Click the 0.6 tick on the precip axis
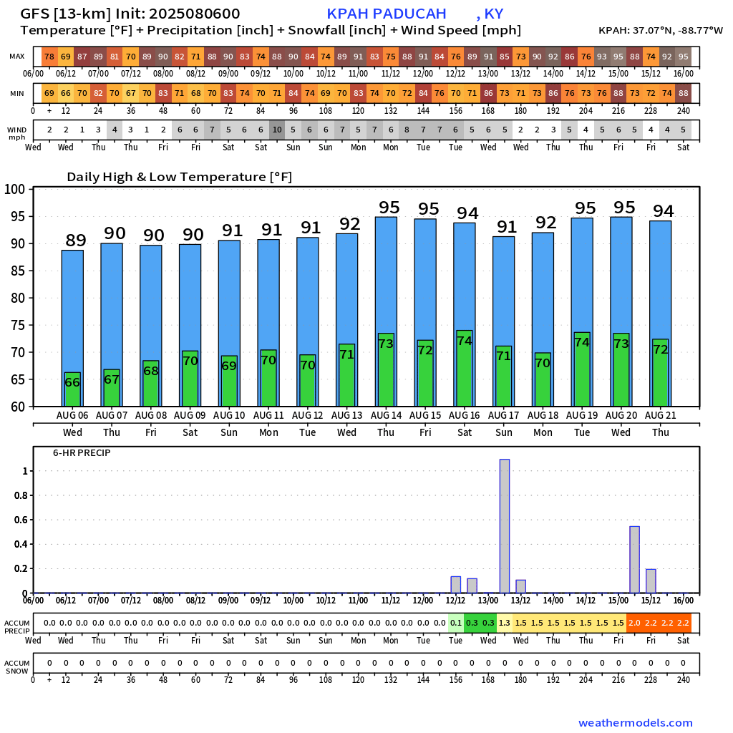20,520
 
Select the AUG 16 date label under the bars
464,416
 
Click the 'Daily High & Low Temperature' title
179,177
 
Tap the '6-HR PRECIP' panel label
82,453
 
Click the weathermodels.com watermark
635,723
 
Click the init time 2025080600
195,14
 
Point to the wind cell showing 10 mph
277,130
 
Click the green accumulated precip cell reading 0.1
456,623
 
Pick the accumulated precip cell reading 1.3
505,623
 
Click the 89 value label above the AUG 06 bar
76,241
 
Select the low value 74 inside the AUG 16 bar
464,341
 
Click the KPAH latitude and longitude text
660,31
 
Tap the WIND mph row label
17,133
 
